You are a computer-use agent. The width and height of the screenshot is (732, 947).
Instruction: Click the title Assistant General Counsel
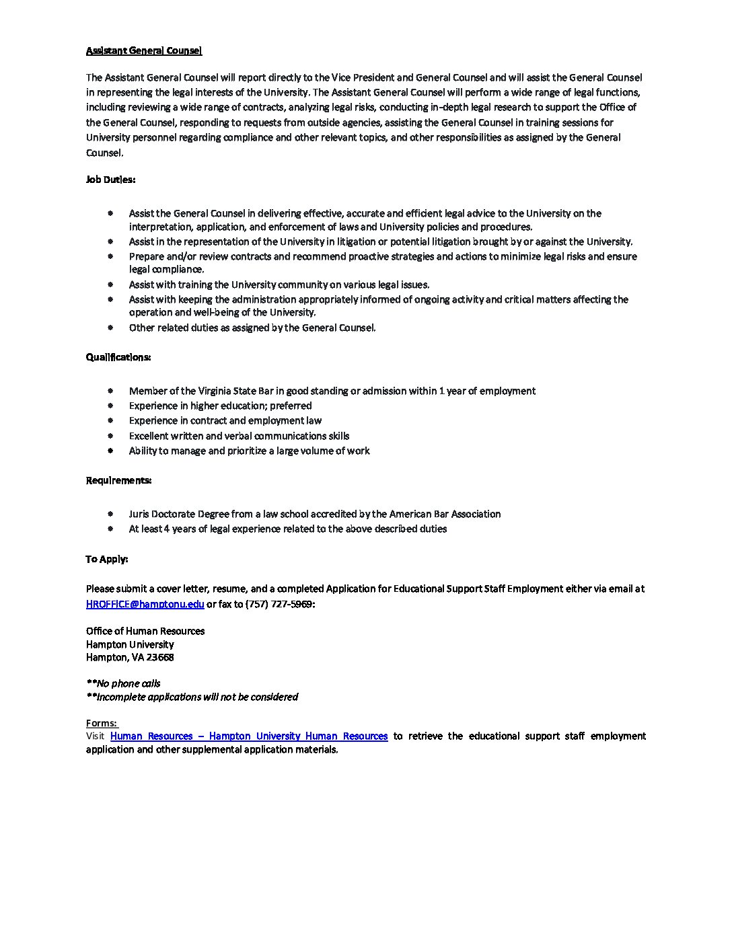[143, 50]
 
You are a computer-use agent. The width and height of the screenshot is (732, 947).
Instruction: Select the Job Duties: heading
[110, 180]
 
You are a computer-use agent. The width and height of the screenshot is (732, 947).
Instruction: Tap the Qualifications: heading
[118, 357]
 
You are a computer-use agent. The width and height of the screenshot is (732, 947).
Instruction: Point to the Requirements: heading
[118, 480]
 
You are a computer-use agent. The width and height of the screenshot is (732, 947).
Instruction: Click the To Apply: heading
[106, 559]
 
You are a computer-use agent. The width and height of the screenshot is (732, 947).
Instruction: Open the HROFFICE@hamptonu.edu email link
[145, 604]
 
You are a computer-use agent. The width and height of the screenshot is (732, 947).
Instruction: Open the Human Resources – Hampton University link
[248, 736]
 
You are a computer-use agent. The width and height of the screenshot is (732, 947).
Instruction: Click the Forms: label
[101, 723]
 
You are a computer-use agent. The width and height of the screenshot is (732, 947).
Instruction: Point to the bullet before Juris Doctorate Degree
[110, 513]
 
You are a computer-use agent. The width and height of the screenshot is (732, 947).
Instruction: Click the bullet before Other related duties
[110, 328]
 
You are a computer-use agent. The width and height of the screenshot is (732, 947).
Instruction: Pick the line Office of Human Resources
[145, 631]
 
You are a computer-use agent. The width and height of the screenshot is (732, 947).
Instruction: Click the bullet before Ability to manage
[110, 451]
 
